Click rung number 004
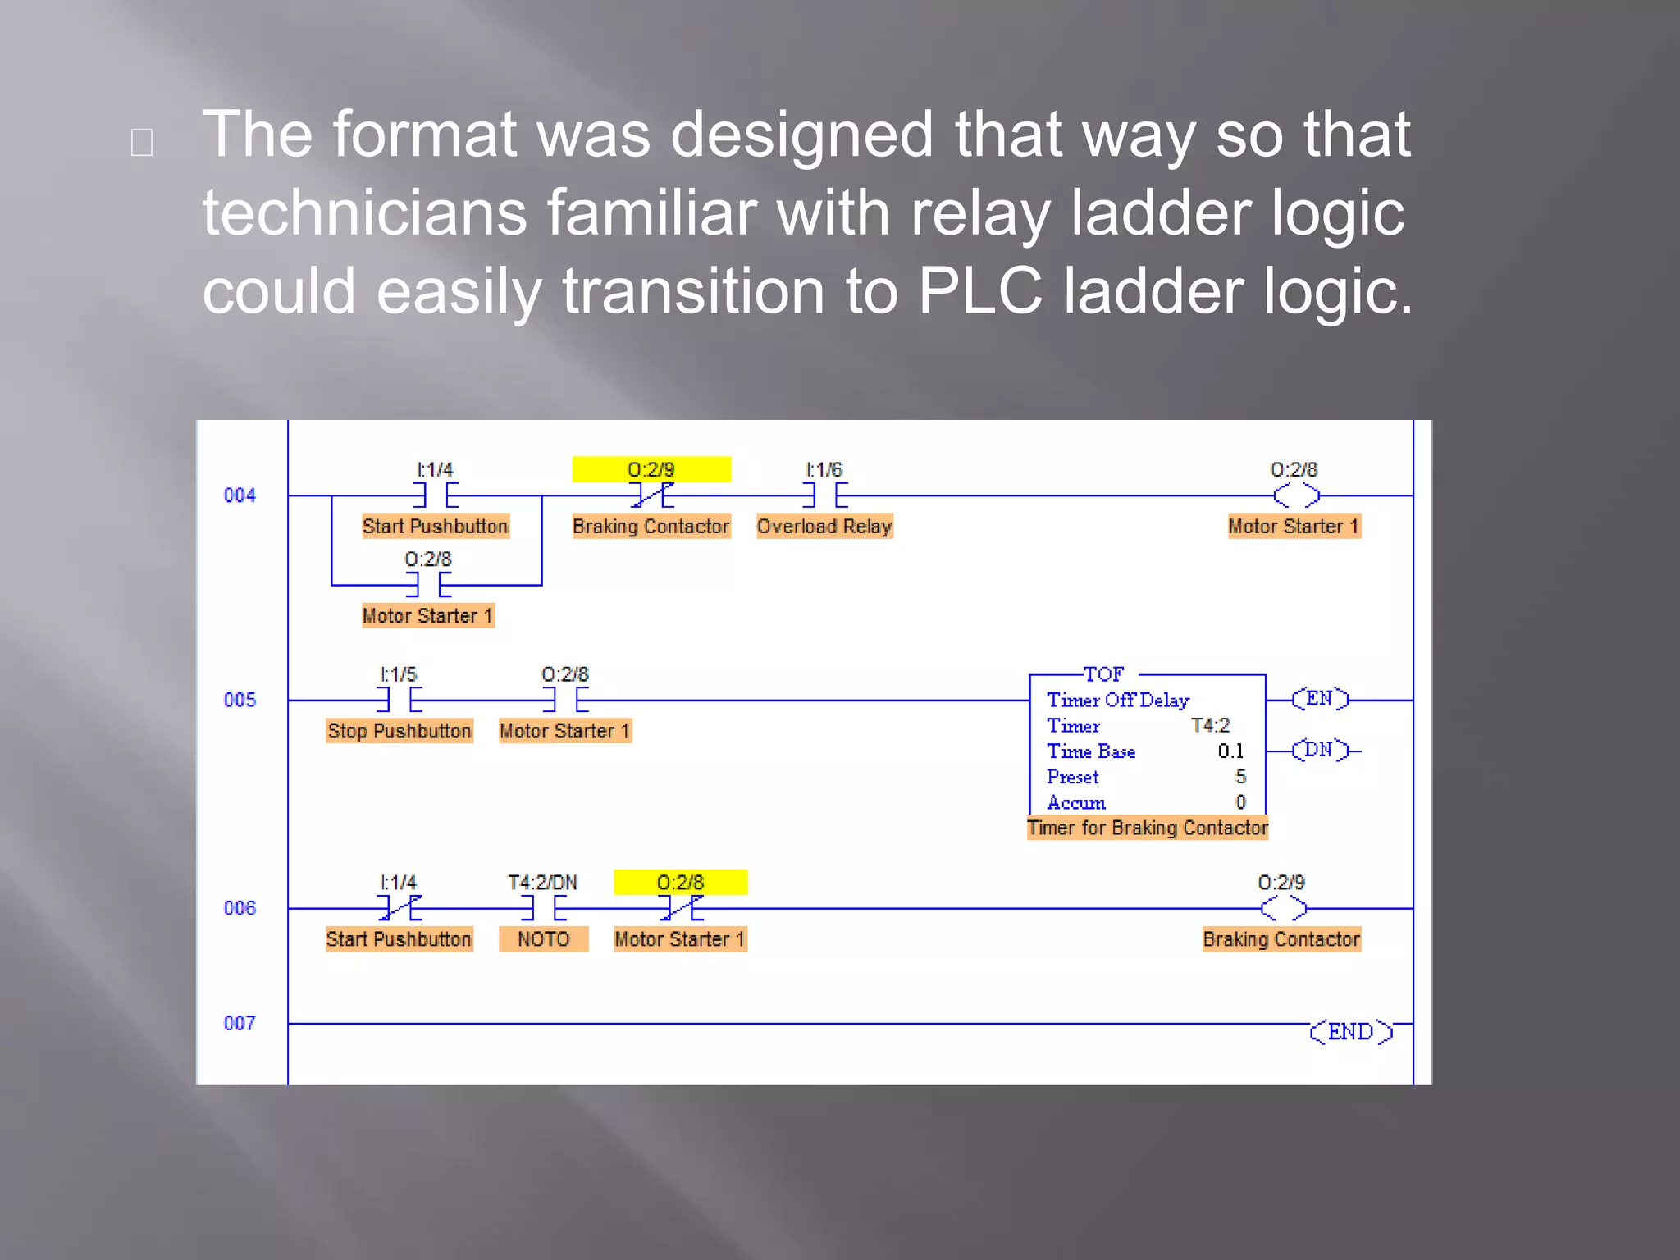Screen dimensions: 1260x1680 coord(240,495)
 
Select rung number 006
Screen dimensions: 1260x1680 coord(240,908)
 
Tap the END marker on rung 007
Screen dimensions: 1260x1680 coord(1350,1031)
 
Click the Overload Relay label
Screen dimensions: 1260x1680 coord(824,526)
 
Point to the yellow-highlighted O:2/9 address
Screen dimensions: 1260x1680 coord(651,469)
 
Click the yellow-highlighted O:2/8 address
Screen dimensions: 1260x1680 coord(680,882)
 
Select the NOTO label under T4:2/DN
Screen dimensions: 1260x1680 coord(543,938)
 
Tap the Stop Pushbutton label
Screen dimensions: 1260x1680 coord(399,731)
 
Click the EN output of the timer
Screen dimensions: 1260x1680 coord(1319,699)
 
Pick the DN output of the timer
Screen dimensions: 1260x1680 coord(1319,750)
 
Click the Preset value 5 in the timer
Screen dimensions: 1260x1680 coord(1240,777)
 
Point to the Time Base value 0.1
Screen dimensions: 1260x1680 coord(1230,751)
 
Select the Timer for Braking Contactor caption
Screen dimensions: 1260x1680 coord(1148,828)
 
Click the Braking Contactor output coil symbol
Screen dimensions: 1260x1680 coord(1283,908)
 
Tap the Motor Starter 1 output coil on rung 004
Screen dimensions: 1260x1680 coord(1296,495)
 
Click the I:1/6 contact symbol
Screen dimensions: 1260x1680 coord(824,495)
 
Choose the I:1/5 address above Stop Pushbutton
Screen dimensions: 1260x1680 coord(399,674)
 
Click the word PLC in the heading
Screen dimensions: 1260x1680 coord(979,291)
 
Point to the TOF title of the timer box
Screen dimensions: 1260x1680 coord(1103,674)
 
